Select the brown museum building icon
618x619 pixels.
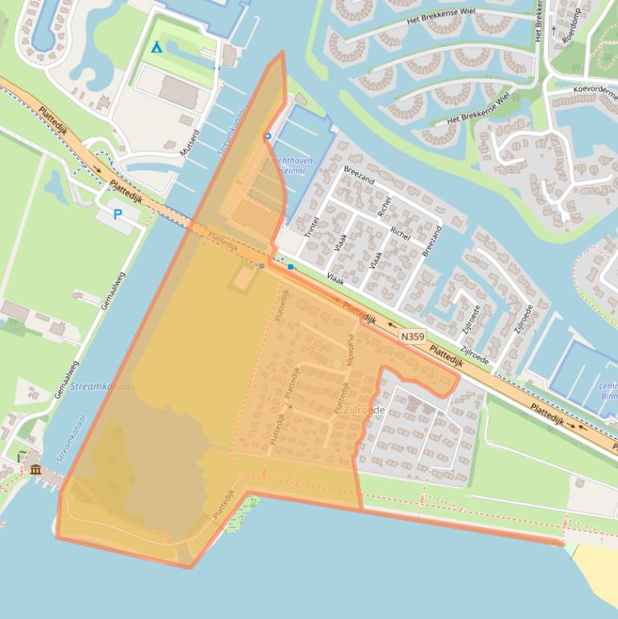pyautogui.click(x=35, y=469)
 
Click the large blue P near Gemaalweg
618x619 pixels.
pyautogui.click(x=117, y=215)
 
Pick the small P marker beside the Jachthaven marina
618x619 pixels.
pyautogui.click(x=268, y=137)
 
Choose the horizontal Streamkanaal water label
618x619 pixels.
pyautogui.click(x=101, y=387)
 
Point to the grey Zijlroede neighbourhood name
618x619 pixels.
pyautogui.click(x=364, y=411)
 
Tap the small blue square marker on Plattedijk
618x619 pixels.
pyautogui.click(x=290, y=267)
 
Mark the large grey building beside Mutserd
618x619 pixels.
pyautogui.click(x=178, y=91)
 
